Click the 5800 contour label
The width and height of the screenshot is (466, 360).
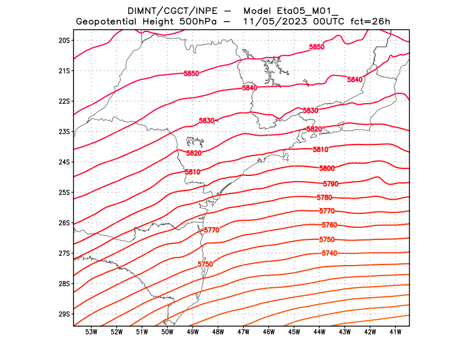click(327, 168)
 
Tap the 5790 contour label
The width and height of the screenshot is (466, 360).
click(330, 183)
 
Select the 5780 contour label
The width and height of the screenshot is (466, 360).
click(324, 198)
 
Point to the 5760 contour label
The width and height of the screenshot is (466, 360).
click(329, 225)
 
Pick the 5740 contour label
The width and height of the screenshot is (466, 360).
click(329, 253)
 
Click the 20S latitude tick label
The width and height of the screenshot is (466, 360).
click(64, 40)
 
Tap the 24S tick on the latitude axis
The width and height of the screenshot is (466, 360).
click(64, 162)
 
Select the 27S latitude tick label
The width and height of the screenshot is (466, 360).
click(64, 253)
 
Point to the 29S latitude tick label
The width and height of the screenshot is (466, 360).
click(64, 314)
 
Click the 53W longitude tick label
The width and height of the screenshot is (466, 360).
click(91, 332)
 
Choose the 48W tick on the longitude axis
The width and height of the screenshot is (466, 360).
click(218, 332)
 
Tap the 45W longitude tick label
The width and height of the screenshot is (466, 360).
click(294, 332)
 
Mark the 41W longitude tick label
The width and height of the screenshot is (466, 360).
click(396, 332)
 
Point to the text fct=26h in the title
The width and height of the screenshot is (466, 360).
click(370, 22)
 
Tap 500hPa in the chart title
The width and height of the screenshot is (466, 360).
click(199, 22)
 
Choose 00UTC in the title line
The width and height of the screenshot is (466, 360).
click(330, 22)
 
